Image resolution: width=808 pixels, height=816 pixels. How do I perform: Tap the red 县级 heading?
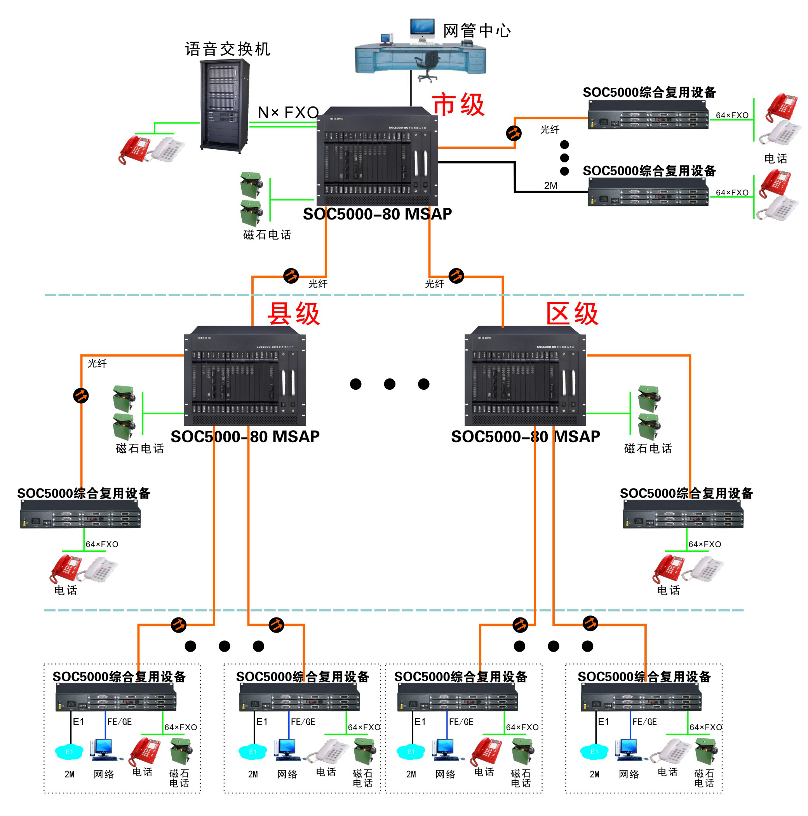tap(294, 314)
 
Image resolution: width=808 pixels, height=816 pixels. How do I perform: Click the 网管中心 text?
tap(477, 31)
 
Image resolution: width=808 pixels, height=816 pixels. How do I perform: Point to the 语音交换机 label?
tap(227, 49)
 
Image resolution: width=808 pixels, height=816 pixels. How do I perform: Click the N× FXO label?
tap(288, 112)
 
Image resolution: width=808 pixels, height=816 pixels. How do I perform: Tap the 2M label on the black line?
tap(550, 185)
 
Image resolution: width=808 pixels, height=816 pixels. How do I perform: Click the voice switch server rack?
tap(225, 106)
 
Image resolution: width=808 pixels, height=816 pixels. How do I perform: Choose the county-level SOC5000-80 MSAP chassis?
tap(244, 376)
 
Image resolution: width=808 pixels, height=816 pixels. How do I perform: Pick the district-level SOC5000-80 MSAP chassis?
tap(525, 376)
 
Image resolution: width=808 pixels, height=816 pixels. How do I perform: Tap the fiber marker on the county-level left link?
tap(81, 396)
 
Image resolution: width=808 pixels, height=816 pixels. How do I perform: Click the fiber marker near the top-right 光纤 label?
tap(514, 133)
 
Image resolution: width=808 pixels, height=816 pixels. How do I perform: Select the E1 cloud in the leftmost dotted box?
tap(69, 752)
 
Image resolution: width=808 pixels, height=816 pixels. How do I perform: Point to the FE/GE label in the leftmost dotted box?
tap(120, 722)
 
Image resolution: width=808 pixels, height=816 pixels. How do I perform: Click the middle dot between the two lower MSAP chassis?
tap(390, 384)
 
